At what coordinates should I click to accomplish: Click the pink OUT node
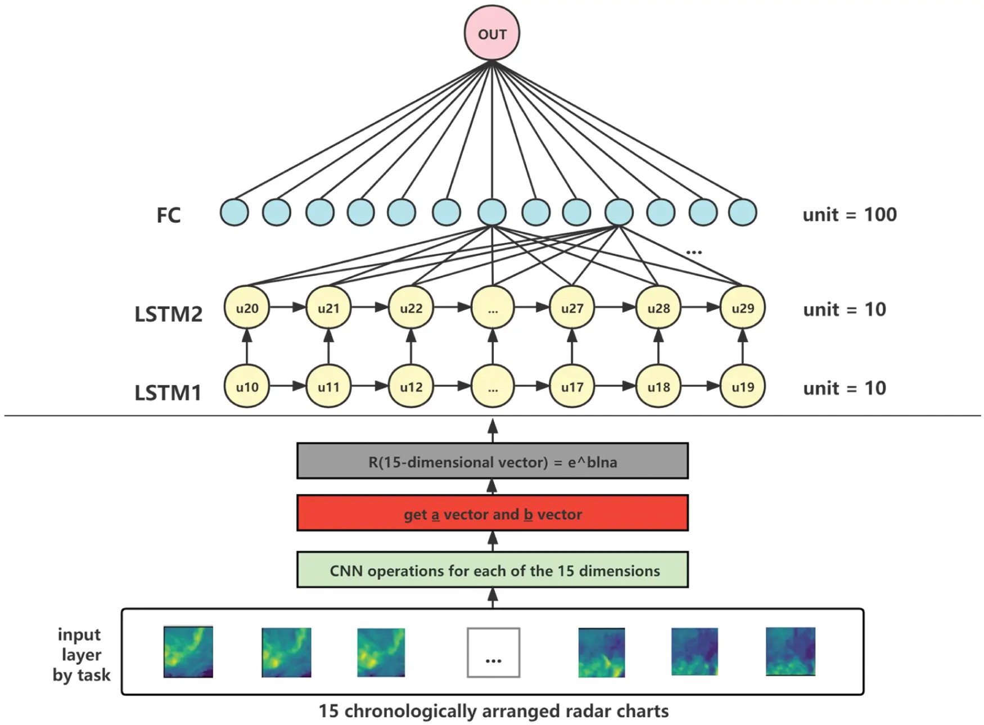(x=491, y=33)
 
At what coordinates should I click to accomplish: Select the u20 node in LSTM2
(x=247, y=308)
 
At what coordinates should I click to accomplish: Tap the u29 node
(x=742, y=308)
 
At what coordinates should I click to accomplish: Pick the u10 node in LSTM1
(x=247, y=386)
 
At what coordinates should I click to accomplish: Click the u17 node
(x=572, y=386)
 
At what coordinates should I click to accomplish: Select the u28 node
(x=658, y=308)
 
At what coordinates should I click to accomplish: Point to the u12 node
(x=410, y=386)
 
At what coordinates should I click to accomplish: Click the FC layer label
(x=168, y=215)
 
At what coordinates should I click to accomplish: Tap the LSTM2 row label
(x=168, y=313)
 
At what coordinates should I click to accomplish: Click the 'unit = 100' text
(x=849, y=214)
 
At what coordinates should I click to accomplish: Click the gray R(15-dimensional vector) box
(x=492, y=461)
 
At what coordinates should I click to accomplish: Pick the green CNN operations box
(x=492, y=570)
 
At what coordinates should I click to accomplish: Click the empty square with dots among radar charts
(x=493, y=652)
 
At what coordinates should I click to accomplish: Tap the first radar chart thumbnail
(x=188, y=651)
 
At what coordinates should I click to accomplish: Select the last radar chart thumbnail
(x=790, y=651)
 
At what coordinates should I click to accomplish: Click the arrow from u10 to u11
(x=287, y=386)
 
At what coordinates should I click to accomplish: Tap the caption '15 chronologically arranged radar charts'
(x=493, y=710)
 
